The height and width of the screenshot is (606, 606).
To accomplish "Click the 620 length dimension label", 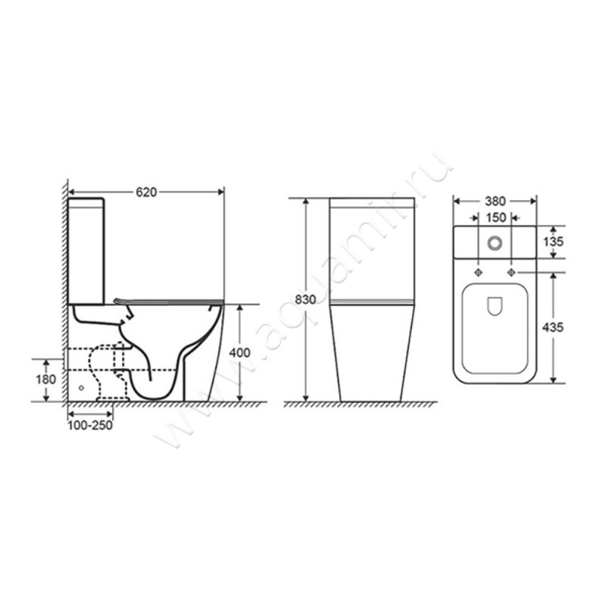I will click(146, 192).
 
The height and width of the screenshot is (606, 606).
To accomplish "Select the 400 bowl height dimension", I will click(239, 353).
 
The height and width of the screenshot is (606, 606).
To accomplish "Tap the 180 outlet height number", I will click(46, 379).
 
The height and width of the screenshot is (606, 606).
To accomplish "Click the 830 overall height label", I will click(305, 299).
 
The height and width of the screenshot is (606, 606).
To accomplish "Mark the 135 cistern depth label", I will click(555, 242).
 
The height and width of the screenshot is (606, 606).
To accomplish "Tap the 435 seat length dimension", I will click(555, 327).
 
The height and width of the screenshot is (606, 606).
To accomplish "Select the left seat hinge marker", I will click(478, 271).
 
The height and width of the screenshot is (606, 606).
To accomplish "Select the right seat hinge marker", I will click(511, 271).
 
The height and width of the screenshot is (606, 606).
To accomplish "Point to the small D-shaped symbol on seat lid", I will click(495, 305).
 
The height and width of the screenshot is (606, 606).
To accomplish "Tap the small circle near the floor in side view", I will click(82, 386).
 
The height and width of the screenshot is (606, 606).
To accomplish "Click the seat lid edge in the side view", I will click(167, 301).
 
